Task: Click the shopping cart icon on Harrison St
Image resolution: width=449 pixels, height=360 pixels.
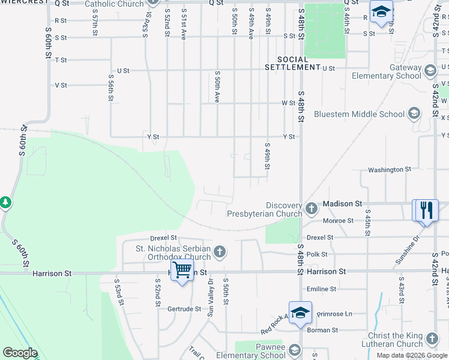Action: pyautogui.click(x=182, y=269)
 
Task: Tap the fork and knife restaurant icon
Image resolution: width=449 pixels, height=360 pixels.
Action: pyautogui.click(x=426, y=211)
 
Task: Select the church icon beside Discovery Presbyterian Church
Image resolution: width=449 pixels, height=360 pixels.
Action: pyautogui.click(x=311, y=208)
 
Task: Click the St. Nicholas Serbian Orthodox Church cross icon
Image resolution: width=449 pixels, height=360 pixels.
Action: pyautogui.click(x=220, y=251)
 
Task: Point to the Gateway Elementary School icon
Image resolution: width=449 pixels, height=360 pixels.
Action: pyautogui.click(x=430, y=72)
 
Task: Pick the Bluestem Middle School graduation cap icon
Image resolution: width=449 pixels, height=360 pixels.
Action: pyautogui.click(x=413, y=113)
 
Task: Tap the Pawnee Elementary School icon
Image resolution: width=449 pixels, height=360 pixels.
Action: pyautogui.click(x=294, y=350)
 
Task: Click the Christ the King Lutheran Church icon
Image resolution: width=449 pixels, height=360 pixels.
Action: pyautogui.click(x=431, y=339)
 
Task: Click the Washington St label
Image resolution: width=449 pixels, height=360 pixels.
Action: pyautogui.click(x=390, y=170)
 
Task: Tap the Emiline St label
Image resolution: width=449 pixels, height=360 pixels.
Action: pyautogui.click(x=321, y=289)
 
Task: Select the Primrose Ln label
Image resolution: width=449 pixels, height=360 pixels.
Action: pyautogui.click(x=334, y=314)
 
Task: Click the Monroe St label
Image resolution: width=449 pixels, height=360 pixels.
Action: pyautogui.click(x=338, y=221)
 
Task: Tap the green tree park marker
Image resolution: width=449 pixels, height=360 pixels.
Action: pyautogui.click(x=6, y=203)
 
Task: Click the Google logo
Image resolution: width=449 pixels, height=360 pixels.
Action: pyautogui.click(x=20, y=353)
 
